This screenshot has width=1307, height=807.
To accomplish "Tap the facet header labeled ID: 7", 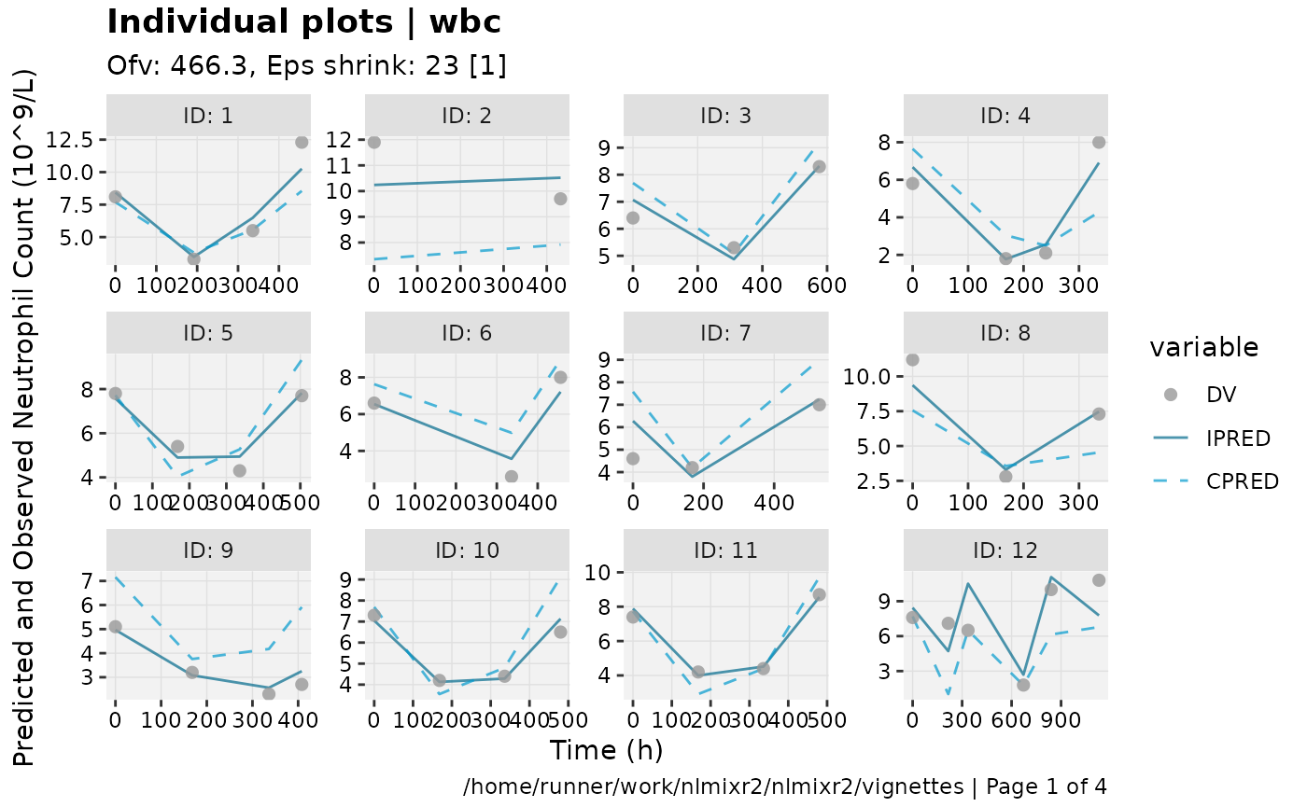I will pyautogui.click(x=725, y=333).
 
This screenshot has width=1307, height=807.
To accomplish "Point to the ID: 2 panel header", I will pyautogui.click(x=466, y=116).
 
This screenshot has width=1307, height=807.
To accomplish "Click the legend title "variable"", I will pyautogui.click(x=1203, y=348).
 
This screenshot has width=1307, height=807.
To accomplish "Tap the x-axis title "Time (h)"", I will pyautogui.click(x=606, y=750).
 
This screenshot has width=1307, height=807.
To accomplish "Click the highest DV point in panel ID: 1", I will pyautogui.click(x=302, y=142).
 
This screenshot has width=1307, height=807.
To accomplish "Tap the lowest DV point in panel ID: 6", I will pyautogui.click(x=512, y=476).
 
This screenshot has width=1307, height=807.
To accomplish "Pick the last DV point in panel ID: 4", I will pyautogui.click(x=1099, y=142).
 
